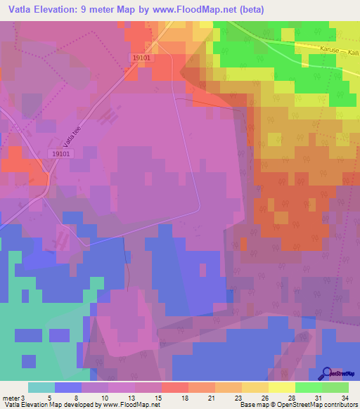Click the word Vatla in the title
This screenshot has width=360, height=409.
[23, 10]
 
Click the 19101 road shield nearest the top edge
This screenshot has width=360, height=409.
[141, 60]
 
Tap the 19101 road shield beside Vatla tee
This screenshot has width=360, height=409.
[62, 152]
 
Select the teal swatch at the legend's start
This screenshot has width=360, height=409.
[41, 387]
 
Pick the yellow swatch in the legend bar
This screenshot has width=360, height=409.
[281, 387]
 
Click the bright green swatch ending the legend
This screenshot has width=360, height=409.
[335, 387]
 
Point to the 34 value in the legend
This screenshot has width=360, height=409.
[343, 398]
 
